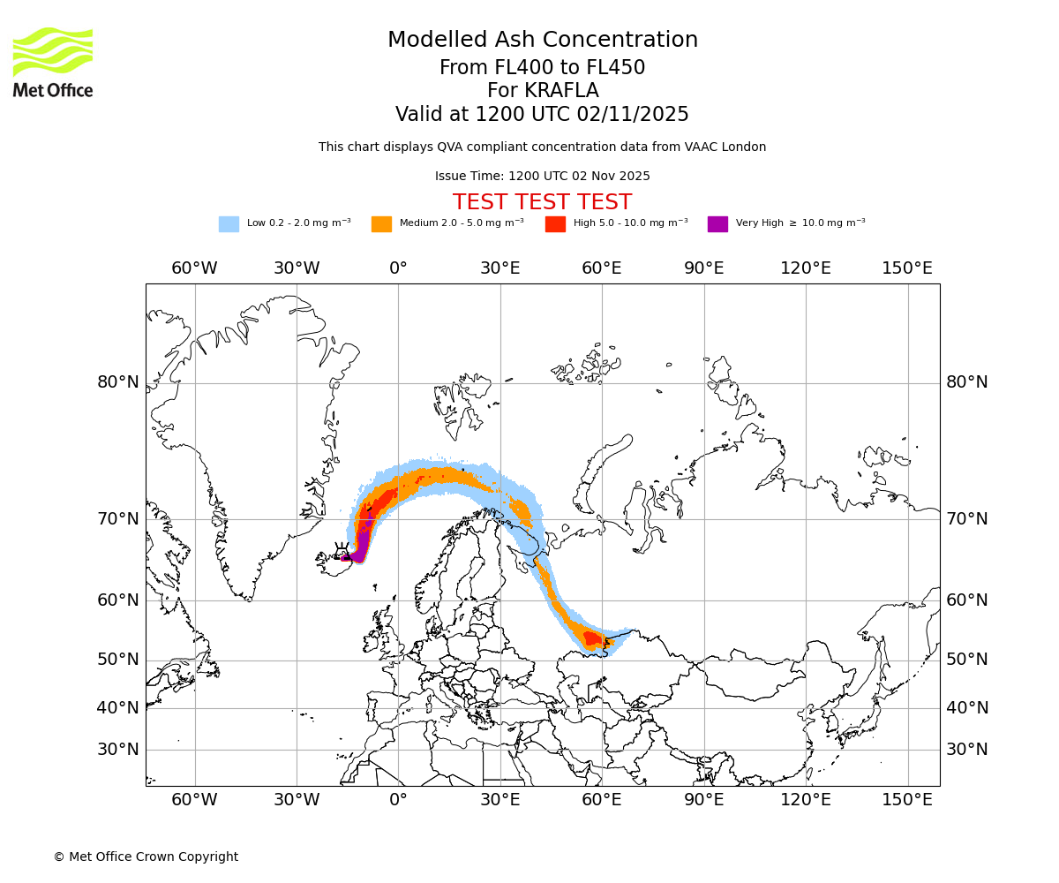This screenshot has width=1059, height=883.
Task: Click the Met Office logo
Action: pos(53,62)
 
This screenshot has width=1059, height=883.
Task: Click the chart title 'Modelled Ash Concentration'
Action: pos(543,41)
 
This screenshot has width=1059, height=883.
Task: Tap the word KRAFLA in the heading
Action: pos(543,91)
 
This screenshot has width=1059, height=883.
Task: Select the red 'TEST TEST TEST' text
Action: pos(542,202)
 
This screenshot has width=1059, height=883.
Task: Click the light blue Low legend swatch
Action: pos(229,224)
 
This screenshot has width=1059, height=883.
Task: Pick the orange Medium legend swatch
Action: pos(381,224)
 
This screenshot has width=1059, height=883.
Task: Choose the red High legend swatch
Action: pos(555,224)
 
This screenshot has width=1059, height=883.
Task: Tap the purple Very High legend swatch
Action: pos(717,224)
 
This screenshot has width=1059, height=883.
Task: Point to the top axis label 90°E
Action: pos(703,268)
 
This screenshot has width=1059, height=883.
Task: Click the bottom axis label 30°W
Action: pos(296,800)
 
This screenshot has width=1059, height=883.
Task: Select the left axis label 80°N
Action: pos(118,382)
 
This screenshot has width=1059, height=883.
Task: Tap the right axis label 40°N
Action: pos(967,707)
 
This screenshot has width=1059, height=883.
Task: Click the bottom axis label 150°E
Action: pos(907,800)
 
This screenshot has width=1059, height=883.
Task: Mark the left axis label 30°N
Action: pos(118,750)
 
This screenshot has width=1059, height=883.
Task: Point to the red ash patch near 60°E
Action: pos(592,638)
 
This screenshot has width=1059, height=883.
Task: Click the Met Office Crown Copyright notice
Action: pos(146,857)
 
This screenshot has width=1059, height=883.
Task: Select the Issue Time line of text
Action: pos(542,176)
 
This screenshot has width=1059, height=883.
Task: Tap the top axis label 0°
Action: pos(398,268)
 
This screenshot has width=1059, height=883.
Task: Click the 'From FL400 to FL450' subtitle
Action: pos(542,68)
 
